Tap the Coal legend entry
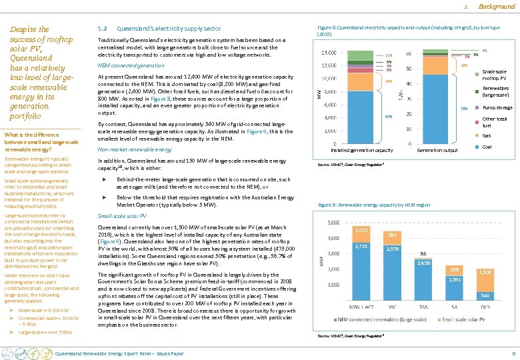pyautogui.click(x=487, y=147)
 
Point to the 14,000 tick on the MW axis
pyautogui.click(x=328, y=53)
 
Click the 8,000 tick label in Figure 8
pyautogui.click(x=329, y=92)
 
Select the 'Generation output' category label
pyautogui.click(x=436, y=151)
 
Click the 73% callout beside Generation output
pyautogui.click(x=465, y=108)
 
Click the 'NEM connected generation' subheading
pyautogui.click(x=131, y=66)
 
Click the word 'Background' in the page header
pyautogui.click(x=497, y=6)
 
